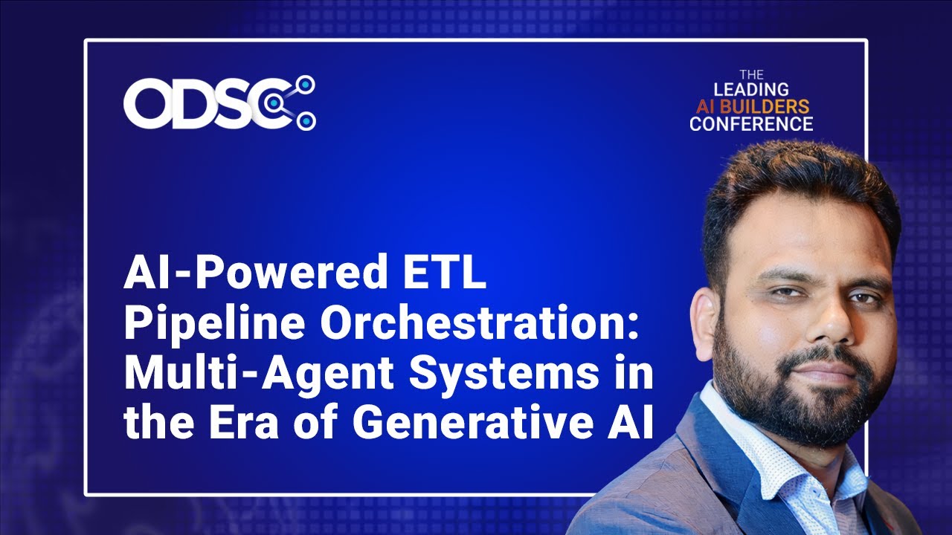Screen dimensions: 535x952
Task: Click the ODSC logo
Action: [x=219, y=103]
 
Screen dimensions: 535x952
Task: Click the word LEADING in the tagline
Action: [x=751, y=90]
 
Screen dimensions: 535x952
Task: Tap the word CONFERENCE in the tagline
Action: [x=751, y=123]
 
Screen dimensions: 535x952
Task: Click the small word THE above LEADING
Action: [x=751, y=75]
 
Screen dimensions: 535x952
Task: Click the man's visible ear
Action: [x=704, y=312]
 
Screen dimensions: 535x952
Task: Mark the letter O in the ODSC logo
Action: [x=147, y=103]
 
